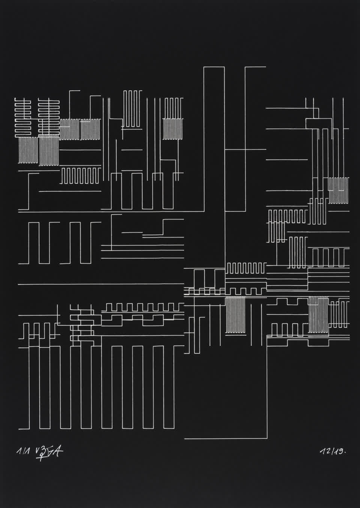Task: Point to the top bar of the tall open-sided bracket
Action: tap(255, 67)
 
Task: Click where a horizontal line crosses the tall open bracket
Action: tap(245, 149)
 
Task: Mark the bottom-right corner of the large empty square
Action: tap(267, 438)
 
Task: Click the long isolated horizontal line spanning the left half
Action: tap(101, 284)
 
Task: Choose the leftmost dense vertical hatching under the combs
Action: tap(28, 150)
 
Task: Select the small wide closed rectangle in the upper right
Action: tap(319, 123)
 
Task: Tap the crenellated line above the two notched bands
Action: tap(144, 307)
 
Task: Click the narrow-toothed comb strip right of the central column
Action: tap(246, 268)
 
